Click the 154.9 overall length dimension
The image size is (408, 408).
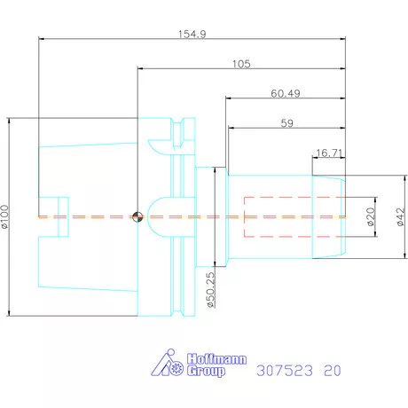(x=192, y=34)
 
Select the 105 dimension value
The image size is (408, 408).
(x=241, y=64)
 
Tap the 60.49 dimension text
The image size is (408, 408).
(x=286, y=93)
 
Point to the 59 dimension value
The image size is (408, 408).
(x=286, y=123)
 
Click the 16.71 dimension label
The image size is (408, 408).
(x=329, y=153)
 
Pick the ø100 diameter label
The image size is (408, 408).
(x=5, y=216)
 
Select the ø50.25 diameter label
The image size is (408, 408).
(x=211, y=290)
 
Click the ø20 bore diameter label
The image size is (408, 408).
(x=371, y=216)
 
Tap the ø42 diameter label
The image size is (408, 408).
(x=400, y=216)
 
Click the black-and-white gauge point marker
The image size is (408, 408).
(x=137, y=216)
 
